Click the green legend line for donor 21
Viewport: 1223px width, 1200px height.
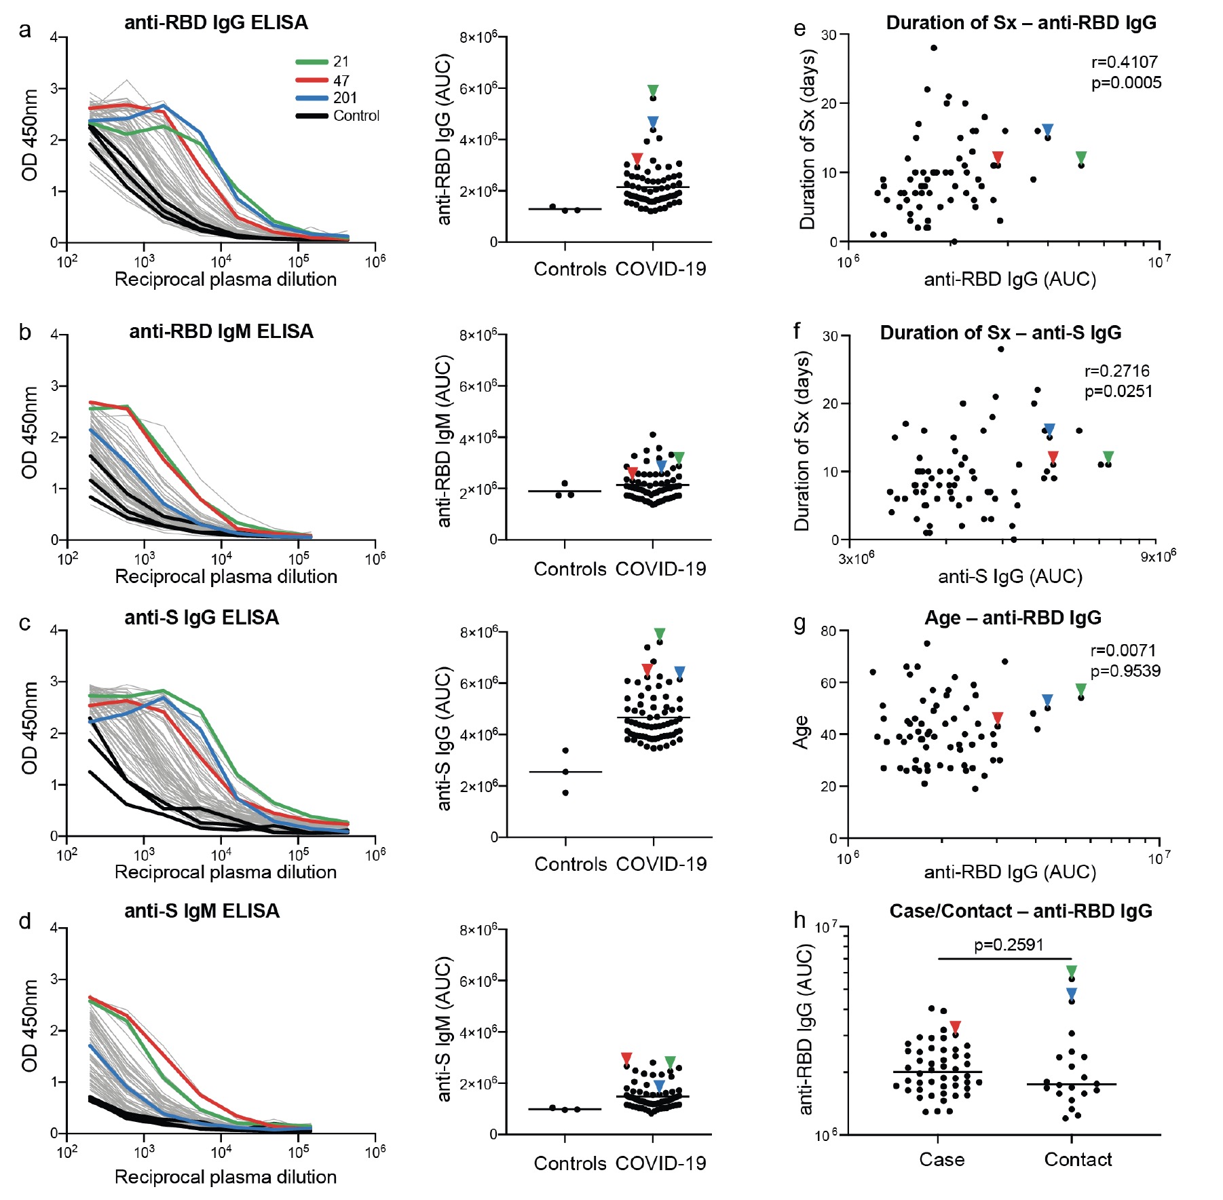312,62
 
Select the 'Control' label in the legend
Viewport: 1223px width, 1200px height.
356,116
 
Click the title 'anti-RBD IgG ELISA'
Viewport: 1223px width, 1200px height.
216,23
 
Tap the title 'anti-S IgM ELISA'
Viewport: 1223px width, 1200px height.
202,911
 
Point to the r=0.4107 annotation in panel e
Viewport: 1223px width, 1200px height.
1124,62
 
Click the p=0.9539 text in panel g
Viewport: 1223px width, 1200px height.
1125,671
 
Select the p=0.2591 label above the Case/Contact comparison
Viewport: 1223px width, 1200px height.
1009,945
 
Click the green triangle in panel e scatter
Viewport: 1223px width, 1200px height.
1081,157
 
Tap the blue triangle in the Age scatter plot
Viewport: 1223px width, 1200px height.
1047,700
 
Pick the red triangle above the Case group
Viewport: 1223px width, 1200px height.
955,1028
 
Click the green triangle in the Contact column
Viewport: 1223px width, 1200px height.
1072,971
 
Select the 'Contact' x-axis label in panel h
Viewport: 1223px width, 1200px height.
1078,1159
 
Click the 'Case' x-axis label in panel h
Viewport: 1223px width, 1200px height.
941,1159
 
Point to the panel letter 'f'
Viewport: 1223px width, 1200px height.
797,331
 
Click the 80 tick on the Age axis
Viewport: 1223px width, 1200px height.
828,631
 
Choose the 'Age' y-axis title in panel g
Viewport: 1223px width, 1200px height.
802,732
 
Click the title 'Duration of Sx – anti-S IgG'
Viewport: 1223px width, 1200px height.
1000,333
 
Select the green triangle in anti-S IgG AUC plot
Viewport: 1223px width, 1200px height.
660,634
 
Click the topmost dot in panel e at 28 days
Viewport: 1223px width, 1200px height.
934,48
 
